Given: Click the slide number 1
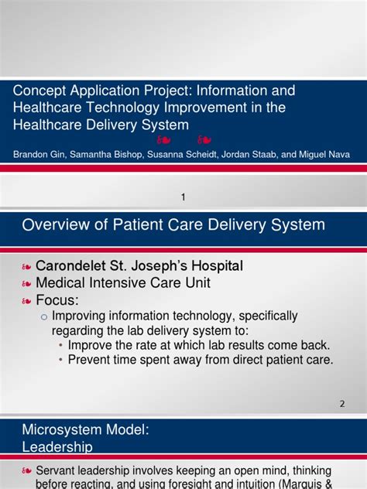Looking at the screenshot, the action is coord(183,197).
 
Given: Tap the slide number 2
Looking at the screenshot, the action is coord(342,404).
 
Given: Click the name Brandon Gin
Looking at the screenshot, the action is coord(39,155).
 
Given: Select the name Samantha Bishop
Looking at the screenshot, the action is coord(106,155).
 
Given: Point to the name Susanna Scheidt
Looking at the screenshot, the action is coord(182,155).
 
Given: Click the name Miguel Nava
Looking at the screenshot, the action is coord(324,155).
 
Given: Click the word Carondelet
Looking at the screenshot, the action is coord(70,265).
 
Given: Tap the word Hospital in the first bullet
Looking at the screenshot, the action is coord(217,265).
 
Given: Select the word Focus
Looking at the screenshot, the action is coord(56,300).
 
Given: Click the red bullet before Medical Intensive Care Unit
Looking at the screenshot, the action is coord(26,284).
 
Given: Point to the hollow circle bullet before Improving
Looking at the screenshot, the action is coord(44,317).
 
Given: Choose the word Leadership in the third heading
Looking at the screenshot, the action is coord(57,447).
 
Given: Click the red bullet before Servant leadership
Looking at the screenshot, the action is coord(26,471).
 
